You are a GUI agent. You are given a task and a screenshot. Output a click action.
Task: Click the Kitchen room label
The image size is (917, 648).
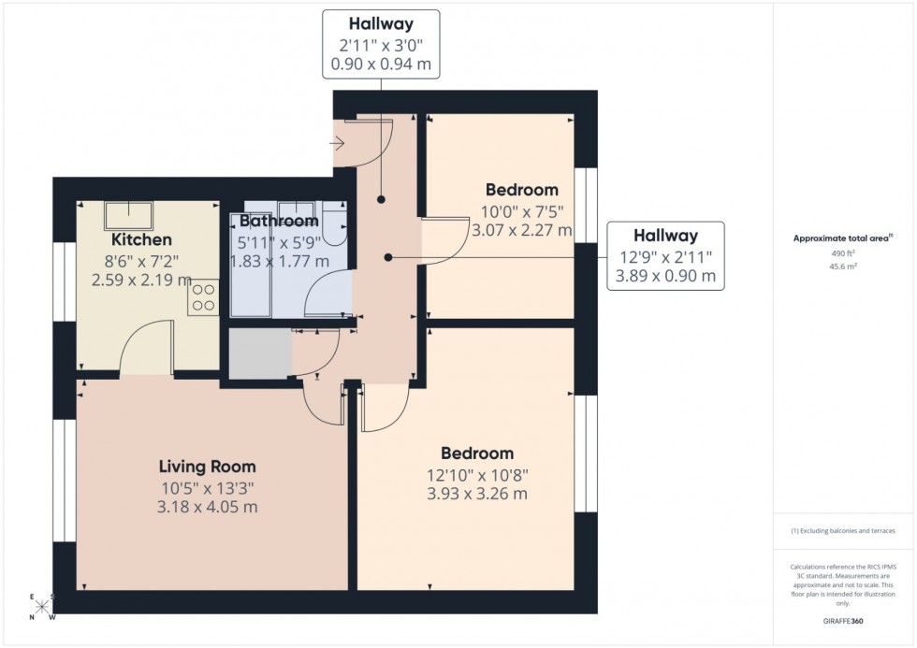(135, 240)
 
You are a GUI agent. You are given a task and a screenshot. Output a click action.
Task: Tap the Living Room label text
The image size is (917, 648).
(207, 467)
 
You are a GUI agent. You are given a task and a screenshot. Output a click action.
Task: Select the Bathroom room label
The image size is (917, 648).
(279, 222)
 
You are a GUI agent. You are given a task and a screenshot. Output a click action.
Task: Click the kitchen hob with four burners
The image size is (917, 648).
(203, 298)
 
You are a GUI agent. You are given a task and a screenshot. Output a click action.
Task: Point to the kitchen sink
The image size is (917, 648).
(130, 214)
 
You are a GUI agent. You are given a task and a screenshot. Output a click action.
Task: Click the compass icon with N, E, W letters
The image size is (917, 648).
(42, 606)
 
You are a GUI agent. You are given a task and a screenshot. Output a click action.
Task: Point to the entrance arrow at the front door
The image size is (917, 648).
(339, 144)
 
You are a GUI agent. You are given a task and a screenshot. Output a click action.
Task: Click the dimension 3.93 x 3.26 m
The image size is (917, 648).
(477, 494)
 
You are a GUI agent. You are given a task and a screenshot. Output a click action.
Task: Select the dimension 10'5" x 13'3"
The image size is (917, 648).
(207, 487)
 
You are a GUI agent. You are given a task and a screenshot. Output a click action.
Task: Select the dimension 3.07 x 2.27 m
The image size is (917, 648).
(521, 230)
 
